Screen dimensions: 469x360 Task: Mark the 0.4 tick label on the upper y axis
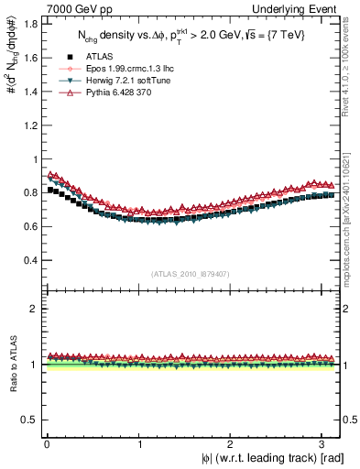click(x=29, y=260)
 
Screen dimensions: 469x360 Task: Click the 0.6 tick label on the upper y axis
click(x=29, y=226)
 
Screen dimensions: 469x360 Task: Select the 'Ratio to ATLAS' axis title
click(x=11, y=364)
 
